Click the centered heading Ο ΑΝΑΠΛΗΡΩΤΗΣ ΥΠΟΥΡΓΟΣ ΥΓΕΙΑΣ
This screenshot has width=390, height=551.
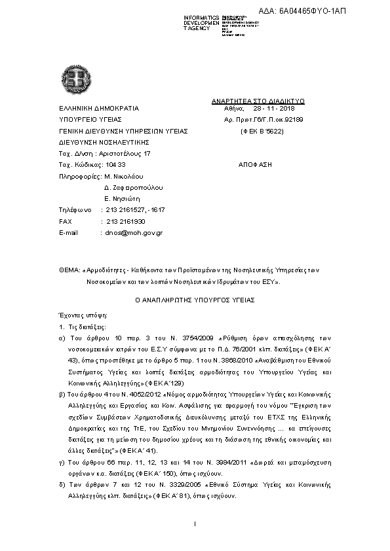[195, 299]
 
